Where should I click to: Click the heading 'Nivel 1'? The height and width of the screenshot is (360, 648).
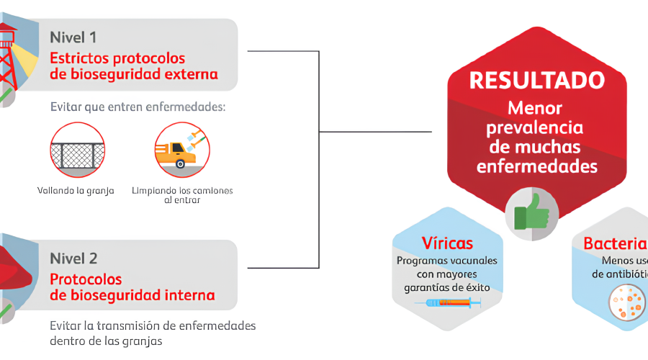[x=73, y=37]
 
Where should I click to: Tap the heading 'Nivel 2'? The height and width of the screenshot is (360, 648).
[x=73, y=258]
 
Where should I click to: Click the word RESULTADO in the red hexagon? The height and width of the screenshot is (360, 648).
[x=536, y=80]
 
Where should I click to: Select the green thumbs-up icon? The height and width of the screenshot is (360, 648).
[x=531, y=211]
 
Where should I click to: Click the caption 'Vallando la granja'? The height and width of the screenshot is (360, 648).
[x=76, y=191]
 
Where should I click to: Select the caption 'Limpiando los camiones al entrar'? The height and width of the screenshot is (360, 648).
[x=182, y=195]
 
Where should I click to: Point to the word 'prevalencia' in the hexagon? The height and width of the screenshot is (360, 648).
[x=535, y=128]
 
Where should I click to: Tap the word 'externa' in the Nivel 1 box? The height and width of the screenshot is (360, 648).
[x=191, y=74]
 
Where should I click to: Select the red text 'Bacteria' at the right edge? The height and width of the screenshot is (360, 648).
[x=615, y=243]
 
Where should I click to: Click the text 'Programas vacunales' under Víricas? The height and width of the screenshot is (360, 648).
[x=446, y=260]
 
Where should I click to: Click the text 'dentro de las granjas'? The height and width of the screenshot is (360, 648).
[x=106, y=341]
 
